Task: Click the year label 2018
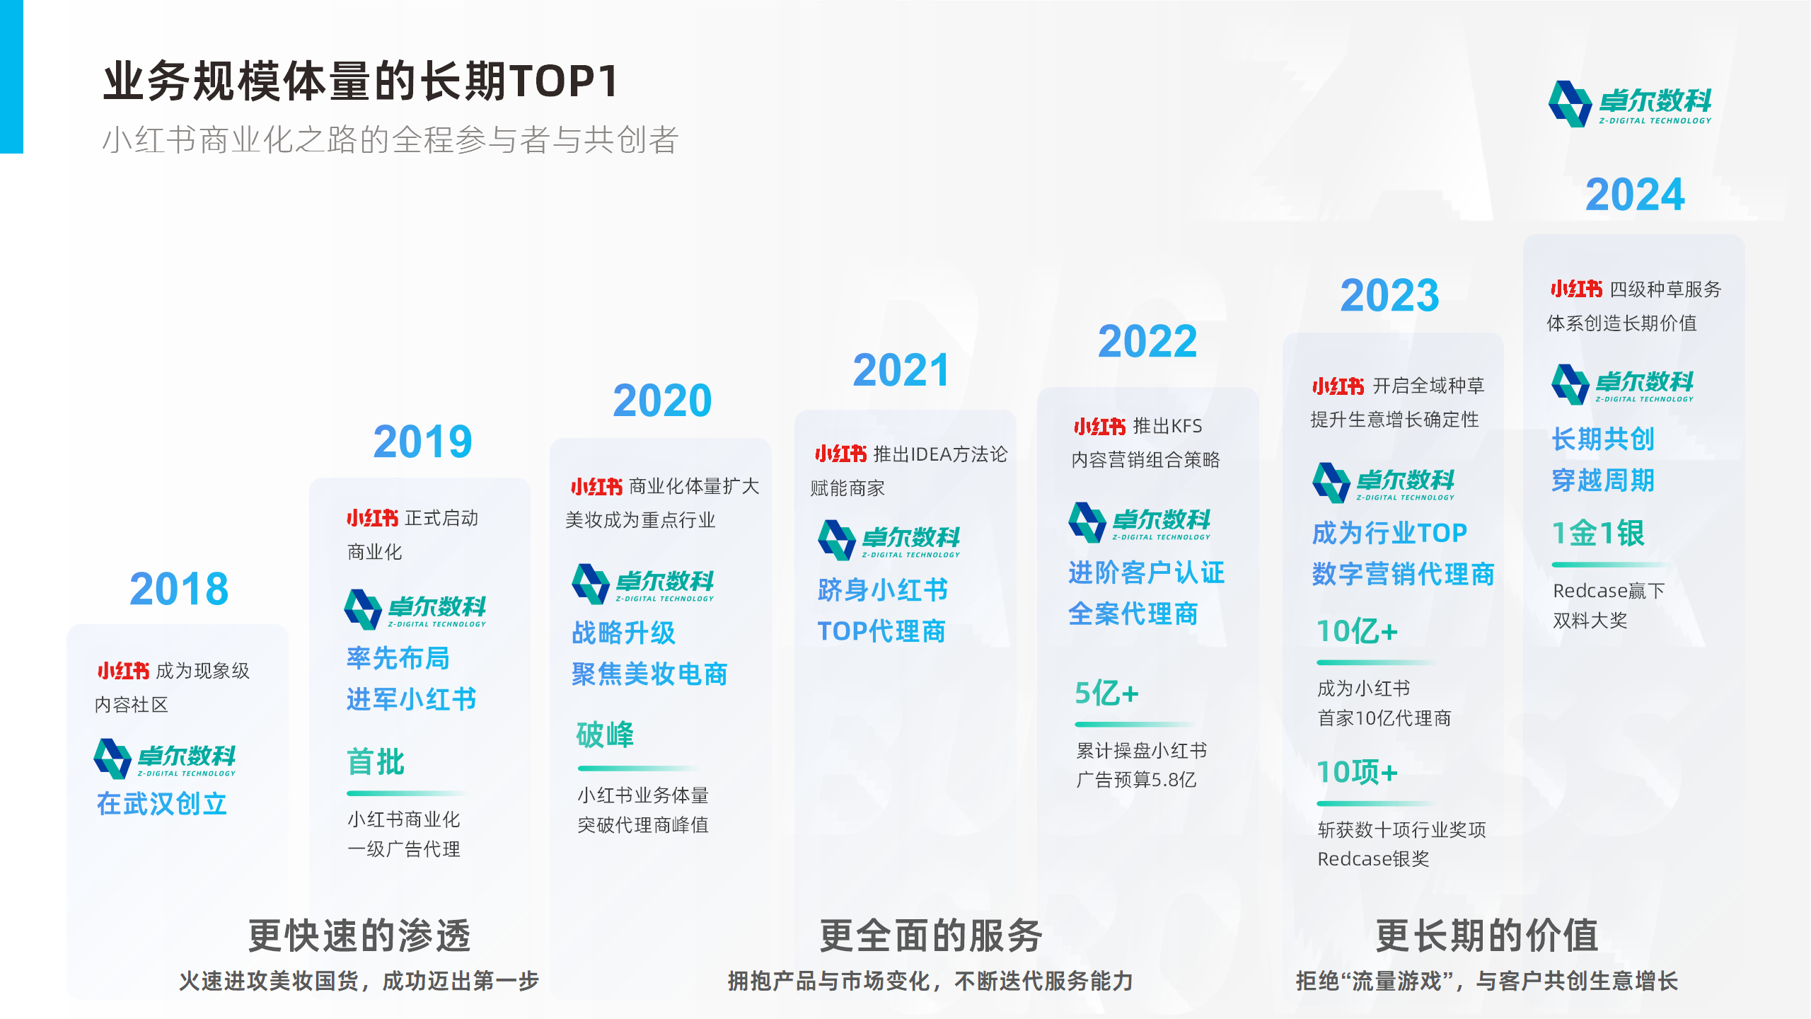[x=179, y=589]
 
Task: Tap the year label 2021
[x=901, y=370]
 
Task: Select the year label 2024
[x=1635, y=195]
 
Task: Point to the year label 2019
[x=422, y=442]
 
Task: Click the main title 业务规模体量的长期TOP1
[x=361, y=81]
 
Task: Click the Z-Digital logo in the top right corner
[x=1630, y=103]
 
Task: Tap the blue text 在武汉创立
[x=162, y=804]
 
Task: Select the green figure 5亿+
[x=1106, y=693]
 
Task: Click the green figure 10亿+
[x=1357, y=631]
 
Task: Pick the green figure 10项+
[x=1357, y=771]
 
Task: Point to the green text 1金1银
[x=1598, y=533]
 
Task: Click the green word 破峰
[x=605, y=735]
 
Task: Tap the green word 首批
[x=376, y=762]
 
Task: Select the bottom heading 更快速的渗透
[x=359, y=935]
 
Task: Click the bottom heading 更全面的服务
[x=931, y=935]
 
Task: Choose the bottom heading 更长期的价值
[x=1487, y=935]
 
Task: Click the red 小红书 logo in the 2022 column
[x=1099, y=426]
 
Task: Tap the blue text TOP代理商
[x=881, y=631]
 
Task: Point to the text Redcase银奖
[x=1373, y=859]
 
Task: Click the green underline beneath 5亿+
[x=1134, y=724]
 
